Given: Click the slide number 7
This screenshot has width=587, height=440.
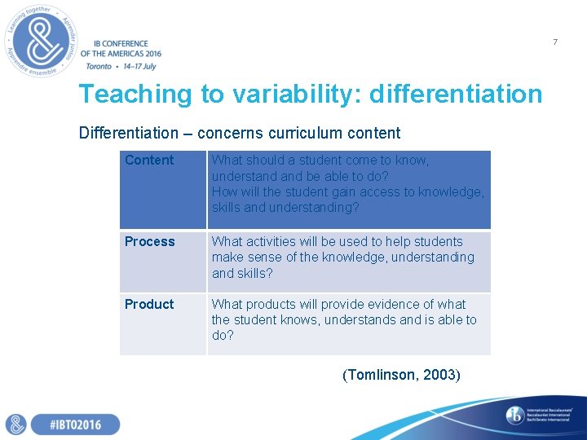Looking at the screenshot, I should click(555, 42).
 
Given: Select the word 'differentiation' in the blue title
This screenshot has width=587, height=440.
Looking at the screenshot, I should click(455, 95).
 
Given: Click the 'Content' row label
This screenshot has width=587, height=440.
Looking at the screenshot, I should click(149, 161).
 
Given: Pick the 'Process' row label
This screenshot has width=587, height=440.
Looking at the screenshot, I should click(149, 242).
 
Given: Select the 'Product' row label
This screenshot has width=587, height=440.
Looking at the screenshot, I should click(149, 305).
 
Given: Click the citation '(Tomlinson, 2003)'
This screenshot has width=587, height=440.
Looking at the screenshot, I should click(401, 375).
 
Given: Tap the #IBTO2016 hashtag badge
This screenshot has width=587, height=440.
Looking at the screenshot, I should click(75, 425).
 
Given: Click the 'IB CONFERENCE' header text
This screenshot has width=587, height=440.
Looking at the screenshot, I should click(121, 44).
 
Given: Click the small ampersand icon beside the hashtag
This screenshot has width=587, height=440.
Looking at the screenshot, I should click(16, 425).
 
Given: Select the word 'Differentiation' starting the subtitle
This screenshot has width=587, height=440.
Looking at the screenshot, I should click(128, 133).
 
